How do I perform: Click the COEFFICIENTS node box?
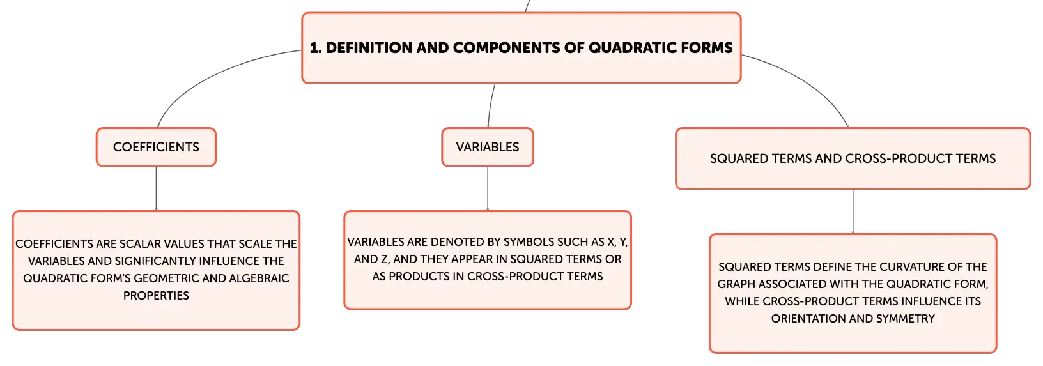click(x=156, y=147)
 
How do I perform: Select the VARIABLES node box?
click(x=488, y=147)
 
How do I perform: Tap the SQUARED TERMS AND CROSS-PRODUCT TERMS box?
click(x=853, y=159)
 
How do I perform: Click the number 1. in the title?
click(x=316, y=47)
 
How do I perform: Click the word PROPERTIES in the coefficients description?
click(x=156, y=296)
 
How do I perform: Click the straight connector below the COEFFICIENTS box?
click(x=156, y=188)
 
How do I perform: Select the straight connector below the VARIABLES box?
click(x=488, y=188)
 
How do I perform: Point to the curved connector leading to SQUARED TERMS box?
click(x=805, y=79)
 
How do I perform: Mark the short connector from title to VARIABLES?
click(x=490, y=105)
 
